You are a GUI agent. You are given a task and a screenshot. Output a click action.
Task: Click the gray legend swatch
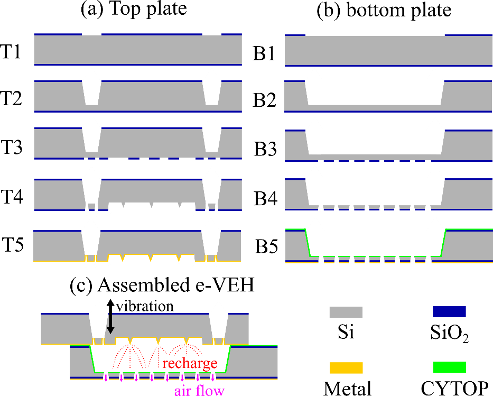(346, 312)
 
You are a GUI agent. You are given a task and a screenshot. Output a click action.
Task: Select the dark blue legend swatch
(449, 311)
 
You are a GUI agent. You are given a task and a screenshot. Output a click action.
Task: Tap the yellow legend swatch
(346, 368)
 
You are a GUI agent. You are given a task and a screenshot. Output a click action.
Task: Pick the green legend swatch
(449, 367)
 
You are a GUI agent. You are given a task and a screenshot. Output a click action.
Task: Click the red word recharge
(190, 363)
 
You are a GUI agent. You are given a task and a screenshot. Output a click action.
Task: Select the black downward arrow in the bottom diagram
(110, 324)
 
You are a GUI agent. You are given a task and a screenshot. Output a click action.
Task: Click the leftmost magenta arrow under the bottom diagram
(106, 376)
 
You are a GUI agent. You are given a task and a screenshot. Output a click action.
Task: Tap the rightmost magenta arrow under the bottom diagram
(213, 376)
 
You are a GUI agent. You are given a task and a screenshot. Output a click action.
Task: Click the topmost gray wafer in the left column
(137, 50)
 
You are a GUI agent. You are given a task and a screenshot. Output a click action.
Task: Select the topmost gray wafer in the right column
(388, 50)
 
